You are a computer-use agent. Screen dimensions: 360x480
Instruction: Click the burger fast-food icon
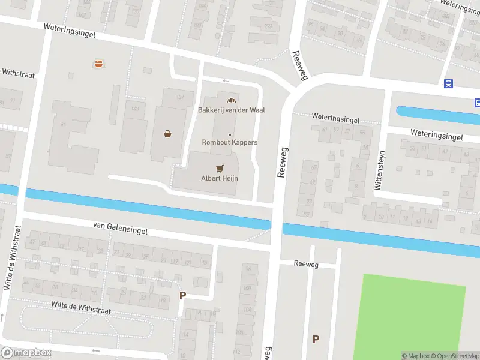[x=97, y=63]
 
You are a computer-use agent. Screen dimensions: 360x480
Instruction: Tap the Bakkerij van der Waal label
[x=232, y=110]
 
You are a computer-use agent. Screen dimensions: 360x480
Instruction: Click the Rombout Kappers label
[x=230, y=142]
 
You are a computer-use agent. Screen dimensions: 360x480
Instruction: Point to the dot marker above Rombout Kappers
[x=230, y=134]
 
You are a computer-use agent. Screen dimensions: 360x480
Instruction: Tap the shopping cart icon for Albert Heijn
[x=220, y=169]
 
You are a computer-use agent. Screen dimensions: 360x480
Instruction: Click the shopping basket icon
[x=167, y=134]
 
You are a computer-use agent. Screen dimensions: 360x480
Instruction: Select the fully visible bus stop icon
[x=448, y=84]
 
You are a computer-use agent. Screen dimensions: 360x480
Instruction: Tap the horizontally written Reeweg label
[x=306, y=264]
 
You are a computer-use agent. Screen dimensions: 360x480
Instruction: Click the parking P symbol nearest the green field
[x=316, y=339]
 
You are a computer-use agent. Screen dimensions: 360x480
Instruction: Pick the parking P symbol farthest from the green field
[x=183, y=295]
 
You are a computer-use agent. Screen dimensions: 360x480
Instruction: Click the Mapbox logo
[x=26, y=353]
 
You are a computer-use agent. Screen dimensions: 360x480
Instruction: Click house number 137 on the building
[x=180, y=97]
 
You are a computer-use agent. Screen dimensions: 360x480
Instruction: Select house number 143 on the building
[x=135, y=109]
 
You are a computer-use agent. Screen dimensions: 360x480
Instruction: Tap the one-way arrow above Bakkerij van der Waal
[x=226, y=80]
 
